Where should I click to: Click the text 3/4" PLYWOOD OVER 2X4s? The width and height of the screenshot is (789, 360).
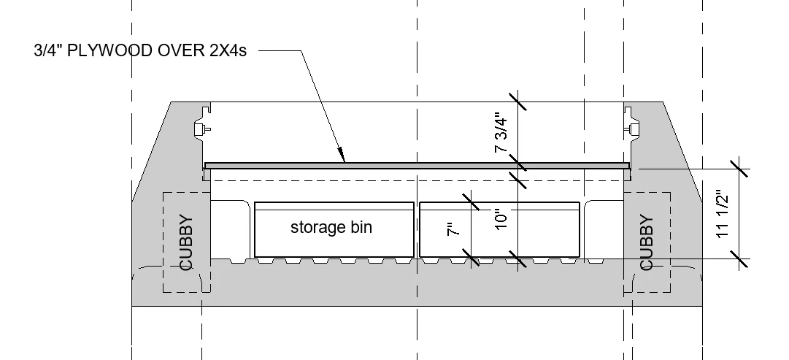[x=140, y=51]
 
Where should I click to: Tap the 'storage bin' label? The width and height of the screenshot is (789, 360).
[x=331, y=227]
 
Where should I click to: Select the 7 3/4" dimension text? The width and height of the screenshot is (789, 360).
[x=501, y=132]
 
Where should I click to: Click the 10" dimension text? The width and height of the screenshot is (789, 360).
[x=501, y=220]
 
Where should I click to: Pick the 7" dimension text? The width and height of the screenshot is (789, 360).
[x=454, y=229]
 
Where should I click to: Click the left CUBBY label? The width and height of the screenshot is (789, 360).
[x=186, y=242]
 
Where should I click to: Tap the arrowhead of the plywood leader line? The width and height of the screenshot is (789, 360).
[x=341, y=155]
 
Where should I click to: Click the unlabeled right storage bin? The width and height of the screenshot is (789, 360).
[x=500, y=229]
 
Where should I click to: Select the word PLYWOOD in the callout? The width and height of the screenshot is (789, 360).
[x=110, y=51]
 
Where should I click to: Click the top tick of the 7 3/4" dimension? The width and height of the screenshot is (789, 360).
[x=517, y=102]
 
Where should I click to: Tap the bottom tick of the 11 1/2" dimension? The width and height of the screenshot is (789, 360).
[x=739, y=259]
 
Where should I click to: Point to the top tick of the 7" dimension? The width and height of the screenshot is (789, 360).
[x=471, y=202]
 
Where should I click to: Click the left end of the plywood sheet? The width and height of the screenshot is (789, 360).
[x=205, y=166]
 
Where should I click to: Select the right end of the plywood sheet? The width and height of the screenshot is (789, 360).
[x=629, y=166]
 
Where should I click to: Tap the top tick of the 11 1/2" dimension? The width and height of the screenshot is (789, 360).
[x=739, y=169]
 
